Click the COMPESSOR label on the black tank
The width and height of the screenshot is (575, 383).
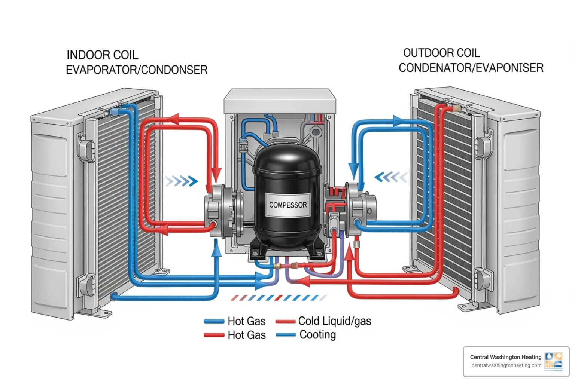pos(288,205)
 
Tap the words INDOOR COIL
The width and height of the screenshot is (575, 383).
pos(102,55)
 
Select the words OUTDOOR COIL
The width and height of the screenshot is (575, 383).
pos(441,53)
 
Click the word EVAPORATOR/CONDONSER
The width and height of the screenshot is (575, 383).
pos(137,70)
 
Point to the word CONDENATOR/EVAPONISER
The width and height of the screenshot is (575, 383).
pos(471,68)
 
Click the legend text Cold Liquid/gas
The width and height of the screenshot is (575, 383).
pos(335,321)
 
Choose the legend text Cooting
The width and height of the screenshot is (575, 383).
pos(317,335)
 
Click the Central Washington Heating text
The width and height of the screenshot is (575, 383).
pos(506,357)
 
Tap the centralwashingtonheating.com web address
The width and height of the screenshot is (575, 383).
pos(506,365)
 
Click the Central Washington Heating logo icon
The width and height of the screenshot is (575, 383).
pos(554,361)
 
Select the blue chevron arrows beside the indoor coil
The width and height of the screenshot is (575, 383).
pos(182,181)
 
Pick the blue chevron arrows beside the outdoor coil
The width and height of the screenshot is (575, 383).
pos(391,177)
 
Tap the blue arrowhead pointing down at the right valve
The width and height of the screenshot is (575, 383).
pos(354,171)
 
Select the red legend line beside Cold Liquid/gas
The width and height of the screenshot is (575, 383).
pos(286,321)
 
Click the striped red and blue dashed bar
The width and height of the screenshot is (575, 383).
pos(279,298)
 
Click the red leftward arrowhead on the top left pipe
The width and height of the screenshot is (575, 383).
pos(172,120)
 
